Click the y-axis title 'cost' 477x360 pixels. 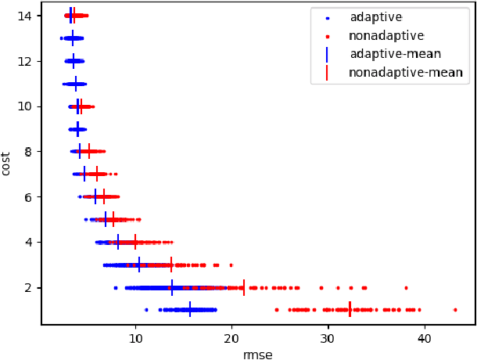pos(7,163)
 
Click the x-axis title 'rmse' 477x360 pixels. pos(258,354)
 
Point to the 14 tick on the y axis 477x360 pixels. pos(28,16)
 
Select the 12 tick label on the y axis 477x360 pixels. pos(28,61)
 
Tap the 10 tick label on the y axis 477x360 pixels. pos(28,106)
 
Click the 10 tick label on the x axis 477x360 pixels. pos(135,338)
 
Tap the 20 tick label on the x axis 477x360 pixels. pos(231,338)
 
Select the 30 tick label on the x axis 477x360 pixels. pos(328,338)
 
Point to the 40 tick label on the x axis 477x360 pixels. pos(424,338)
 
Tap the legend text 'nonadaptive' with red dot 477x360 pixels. pos(386,36)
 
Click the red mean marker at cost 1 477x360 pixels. pos(350,310)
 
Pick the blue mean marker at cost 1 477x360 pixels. pos(190,310)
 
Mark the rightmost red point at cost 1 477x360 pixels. pos(455,310)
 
